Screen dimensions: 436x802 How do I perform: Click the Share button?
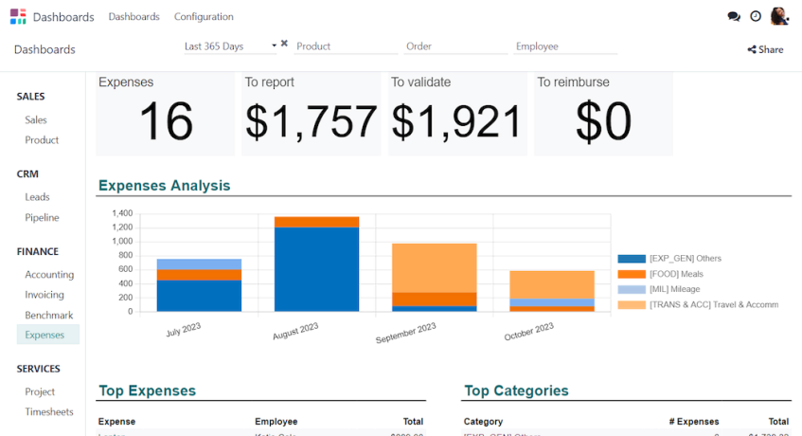pos(765,49)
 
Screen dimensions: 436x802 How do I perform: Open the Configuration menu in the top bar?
pos(204,17)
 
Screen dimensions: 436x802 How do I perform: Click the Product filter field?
pos(345,45)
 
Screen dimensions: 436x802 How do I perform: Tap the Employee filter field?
pos(565,45)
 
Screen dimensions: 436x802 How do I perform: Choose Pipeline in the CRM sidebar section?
pos(42,218)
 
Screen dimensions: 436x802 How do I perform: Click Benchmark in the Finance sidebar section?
pos(49,315)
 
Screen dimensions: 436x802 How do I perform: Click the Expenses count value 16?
pos(166,122)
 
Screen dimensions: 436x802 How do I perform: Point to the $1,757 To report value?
pos(312,122)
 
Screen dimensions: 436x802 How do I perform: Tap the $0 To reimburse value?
pos(603,122)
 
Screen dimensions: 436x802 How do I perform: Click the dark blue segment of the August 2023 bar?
pos(316,269)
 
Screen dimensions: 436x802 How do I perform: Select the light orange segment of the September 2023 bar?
pos(435,267)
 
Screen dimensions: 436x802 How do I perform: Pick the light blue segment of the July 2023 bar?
pos(199,264)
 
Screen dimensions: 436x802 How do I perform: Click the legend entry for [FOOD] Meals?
pos(676,274)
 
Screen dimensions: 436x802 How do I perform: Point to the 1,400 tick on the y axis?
pos(122,213)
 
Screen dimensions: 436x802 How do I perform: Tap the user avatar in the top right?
pos(779,16)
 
